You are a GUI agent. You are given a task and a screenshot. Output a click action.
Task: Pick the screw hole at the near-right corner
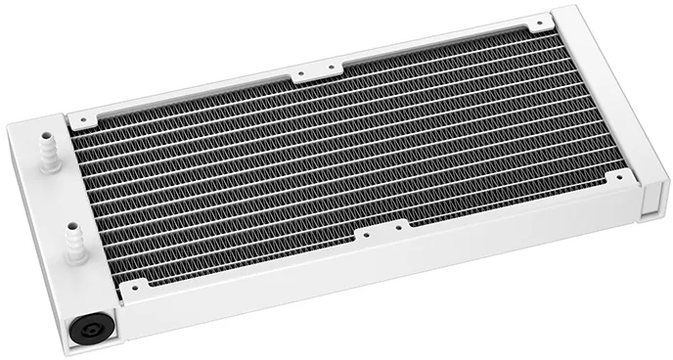pos(618,175)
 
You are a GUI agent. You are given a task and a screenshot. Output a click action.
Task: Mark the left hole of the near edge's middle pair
pos(364,234)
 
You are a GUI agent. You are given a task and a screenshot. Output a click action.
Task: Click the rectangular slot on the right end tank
pos(647,207)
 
